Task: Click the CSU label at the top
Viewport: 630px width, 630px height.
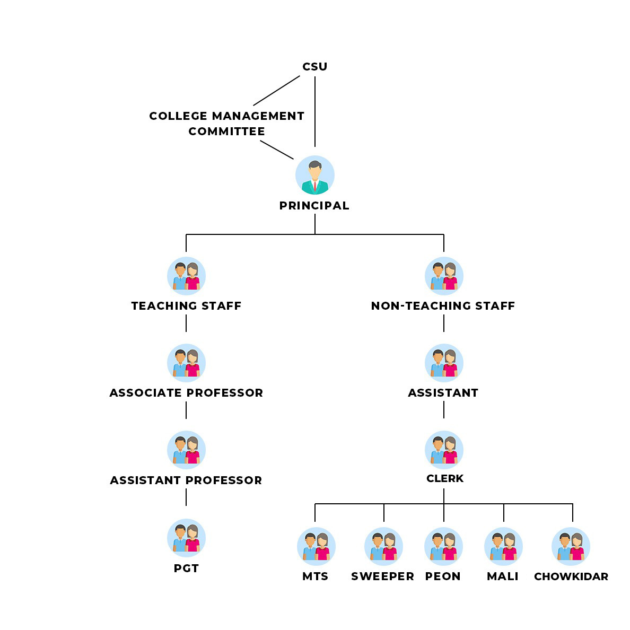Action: [x=314, y=67]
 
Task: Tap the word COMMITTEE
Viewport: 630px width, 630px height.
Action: [x=226, y=131]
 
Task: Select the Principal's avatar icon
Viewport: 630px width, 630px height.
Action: [x=314, y=175]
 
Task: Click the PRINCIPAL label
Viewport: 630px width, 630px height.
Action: [x=314, y=206]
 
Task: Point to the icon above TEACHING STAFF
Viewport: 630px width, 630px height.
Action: [x=186, y=276]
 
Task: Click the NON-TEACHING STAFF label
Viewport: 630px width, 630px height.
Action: [x=443, y=306]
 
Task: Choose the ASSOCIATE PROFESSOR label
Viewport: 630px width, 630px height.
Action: [x=186, y=393]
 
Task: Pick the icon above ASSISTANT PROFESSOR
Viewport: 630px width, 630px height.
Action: [x=186, y=450]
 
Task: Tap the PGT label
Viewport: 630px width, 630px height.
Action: [x=186, y=568]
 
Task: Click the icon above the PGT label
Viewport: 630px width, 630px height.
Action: [x=186, y=538]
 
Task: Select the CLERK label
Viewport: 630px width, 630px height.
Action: [x=445, y=478]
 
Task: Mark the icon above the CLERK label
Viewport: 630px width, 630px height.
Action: [x=444, y=450]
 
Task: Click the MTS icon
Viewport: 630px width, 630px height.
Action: [x=316, y=546]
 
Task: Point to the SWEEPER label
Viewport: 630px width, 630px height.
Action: [x=382, y=576]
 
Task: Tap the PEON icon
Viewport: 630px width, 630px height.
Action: [x=443, y=546]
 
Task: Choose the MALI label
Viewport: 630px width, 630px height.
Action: [x=503, y=576]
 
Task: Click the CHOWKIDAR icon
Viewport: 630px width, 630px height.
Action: [x=571, y=546]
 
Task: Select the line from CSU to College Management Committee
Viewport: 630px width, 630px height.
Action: [x=276, y=91]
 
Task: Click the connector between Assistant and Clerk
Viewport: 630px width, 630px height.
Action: [x=444, y=410]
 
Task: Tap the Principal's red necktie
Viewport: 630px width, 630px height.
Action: [x=314, y=186]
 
